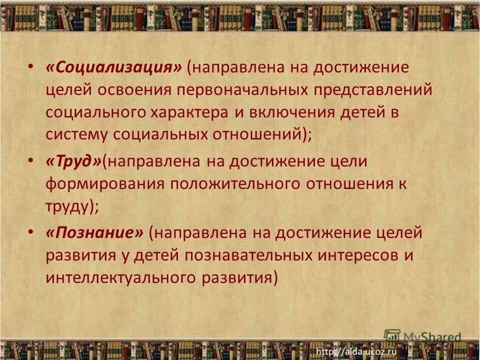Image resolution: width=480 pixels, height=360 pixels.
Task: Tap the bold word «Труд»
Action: [x=73, y=161]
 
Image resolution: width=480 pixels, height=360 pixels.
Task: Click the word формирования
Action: [x=104, y=183]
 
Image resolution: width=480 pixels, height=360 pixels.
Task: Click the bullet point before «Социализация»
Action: [x=31, y=67]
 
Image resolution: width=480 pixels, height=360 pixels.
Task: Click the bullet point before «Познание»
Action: [x=31, y=232]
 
